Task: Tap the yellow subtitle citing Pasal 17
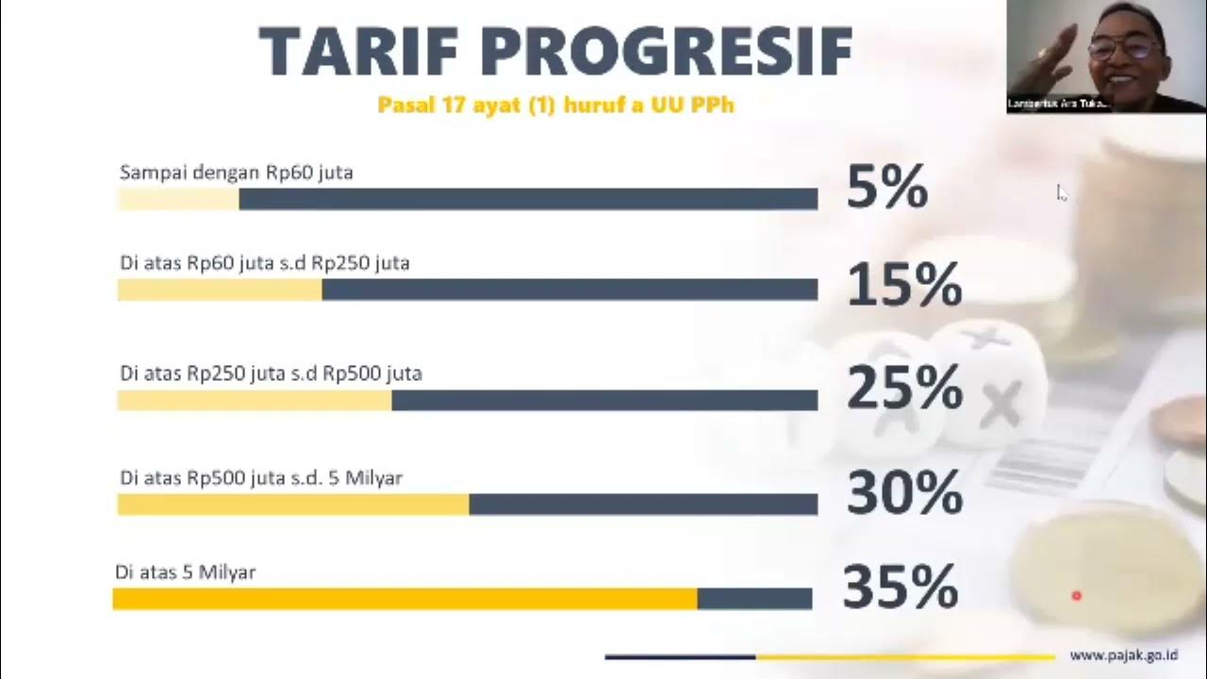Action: click(x=555, y=105)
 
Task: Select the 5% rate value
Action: click(x=887, y=187)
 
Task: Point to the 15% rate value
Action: click(x=904, y=285)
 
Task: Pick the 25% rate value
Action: click(x=904, y=388)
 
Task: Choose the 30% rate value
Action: click(x=904, y=492)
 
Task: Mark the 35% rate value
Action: click(x=901, y=587)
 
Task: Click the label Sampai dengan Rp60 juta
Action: click(x=236, y=173)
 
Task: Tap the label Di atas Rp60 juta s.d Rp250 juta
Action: click(x=265, y=263)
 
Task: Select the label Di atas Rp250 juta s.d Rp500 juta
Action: click(x=271, y=373)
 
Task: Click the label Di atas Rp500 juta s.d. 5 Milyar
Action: click(x=261, y=478)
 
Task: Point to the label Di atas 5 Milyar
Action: click(x=186, y=572)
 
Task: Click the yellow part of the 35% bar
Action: click(x=405, y=599)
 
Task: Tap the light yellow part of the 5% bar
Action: click(x=178, y=199)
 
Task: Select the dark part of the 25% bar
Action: click(x=604, y=401)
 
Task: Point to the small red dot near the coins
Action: click(x=1076, y=595)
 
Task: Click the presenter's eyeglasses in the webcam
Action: click(x=1125, y=47)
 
